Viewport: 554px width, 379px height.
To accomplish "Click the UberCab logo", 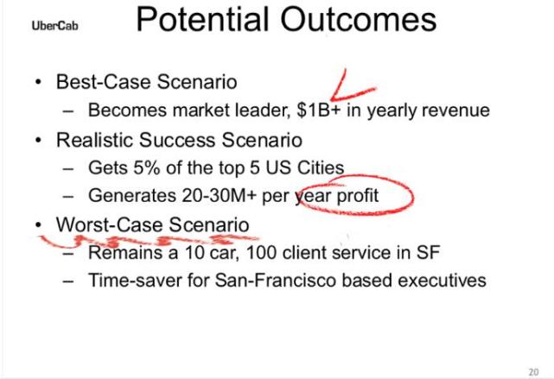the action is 54,26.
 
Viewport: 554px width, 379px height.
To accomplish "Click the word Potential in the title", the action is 203,19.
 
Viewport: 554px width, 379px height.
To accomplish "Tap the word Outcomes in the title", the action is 359,19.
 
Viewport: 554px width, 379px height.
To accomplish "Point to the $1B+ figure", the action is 319,111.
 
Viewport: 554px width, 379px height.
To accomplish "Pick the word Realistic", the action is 95,140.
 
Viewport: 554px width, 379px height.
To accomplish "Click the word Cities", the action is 321,167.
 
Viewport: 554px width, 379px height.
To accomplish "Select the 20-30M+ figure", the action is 219,195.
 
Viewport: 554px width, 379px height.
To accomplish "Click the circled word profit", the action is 358,196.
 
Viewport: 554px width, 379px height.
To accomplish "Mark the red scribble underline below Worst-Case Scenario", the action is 149,241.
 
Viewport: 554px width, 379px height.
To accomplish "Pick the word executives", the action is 442,281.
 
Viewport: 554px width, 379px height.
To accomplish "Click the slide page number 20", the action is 533,371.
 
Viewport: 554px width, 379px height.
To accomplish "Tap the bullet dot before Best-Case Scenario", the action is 38,83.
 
